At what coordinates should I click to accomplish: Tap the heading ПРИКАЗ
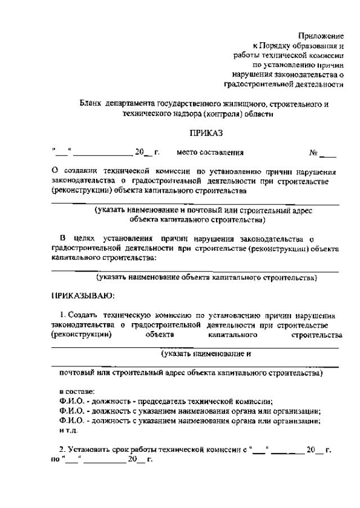tap(206, 133)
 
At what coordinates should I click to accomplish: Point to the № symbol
tap(314, 152)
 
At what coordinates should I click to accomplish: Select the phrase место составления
tap(210, 152)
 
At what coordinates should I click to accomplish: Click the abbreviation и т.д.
tap(69, 430)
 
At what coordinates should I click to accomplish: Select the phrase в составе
tap(78, 391)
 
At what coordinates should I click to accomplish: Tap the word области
tap(261, 114)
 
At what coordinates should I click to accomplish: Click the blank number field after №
tap(331, 153)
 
